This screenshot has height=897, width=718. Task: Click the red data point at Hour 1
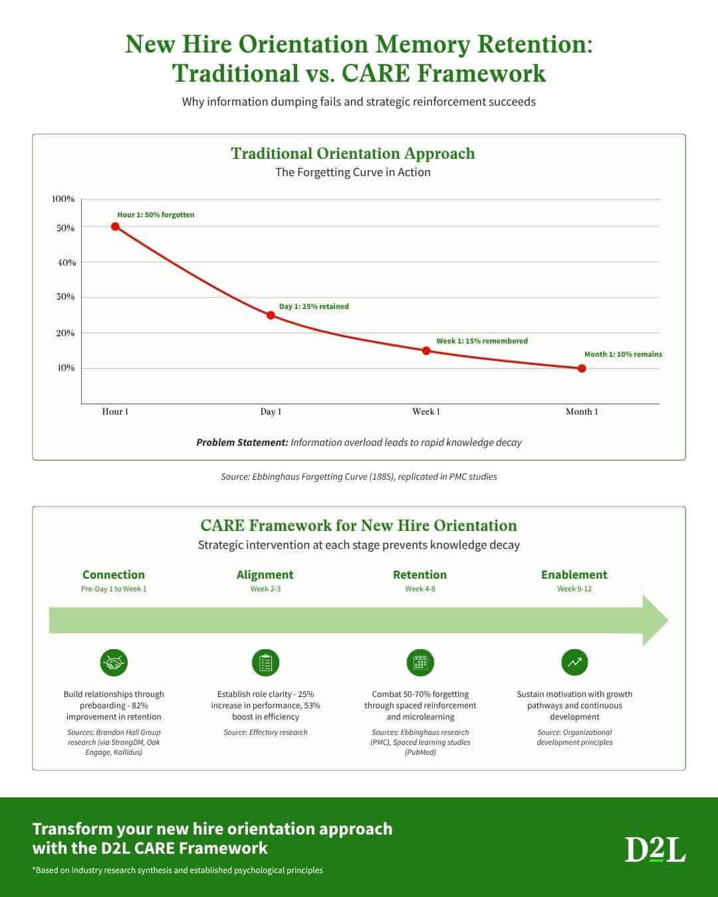(115, 227)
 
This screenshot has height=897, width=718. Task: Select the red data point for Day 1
(271, 315)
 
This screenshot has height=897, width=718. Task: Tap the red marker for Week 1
(426, 351)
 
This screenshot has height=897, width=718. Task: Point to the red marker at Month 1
(582, 368)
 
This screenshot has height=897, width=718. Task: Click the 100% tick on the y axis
(63, 199)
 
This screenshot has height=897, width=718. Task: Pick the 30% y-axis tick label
(65, 296)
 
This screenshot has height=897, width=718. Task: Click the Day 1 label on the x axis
(271, 411)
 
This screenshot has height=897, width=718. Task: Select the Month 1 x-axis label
(582, 411)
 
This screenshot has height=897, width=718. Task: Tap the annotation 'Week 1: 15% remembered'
(482, 341)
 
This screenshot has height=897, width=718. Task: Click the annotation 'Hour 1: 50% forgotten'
(156, 215)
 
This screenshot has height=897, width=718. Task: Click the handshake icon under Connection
(114, 662)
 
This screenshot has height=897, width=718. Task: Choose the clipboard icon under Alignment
(265, 662)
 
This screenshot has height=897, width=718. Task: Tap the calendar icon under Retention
(420, 662)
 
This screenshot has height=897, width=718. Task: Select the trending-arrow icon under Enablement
(574, 662)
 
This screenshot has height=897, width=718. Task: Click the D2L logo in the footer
(655, 849)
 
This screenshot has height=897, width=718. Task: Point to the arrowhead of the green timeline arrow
(655, 621)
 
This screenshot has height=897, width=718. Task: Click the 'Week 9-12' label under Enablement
(574, 589)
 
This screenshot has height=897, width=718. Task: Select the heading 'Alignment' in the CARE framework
(265, 575)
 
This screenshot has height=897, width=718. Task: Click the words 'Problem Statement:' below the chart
(241, 443)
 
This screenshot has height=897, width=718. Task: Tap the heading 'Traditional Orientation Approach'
(353, 153)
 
